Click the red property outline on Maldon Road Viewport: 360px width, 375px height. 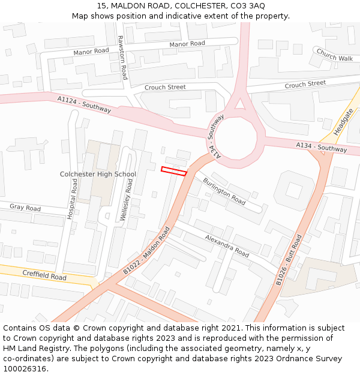point(173,171)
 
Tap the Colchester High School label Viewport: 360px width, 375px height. point(98,175)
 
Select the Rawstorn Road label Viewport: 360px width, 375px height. point(122,57)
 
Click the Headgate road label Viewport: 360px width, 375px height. point(344,121)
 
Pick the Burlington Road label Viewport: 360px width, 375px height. point(224,191)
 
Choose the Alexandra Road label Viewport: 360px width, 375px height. point(227,246)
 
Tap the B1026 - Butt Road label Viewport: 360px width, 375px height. point(289,260)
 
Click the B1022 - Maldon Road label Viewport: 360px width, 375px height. point(147,251)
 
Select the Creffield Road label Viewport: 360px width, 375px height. point(44,275)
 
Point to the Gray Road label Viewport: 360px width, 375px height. point(25,208)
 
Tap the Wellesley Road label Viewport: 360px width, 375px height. point(125,202)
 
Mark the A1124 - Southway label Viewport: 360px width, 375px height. point(85,104)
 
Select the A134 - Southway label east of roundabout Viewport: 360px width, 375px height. point(321,147)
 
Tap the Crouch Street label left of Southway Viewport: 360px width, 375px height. point(165,88)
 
